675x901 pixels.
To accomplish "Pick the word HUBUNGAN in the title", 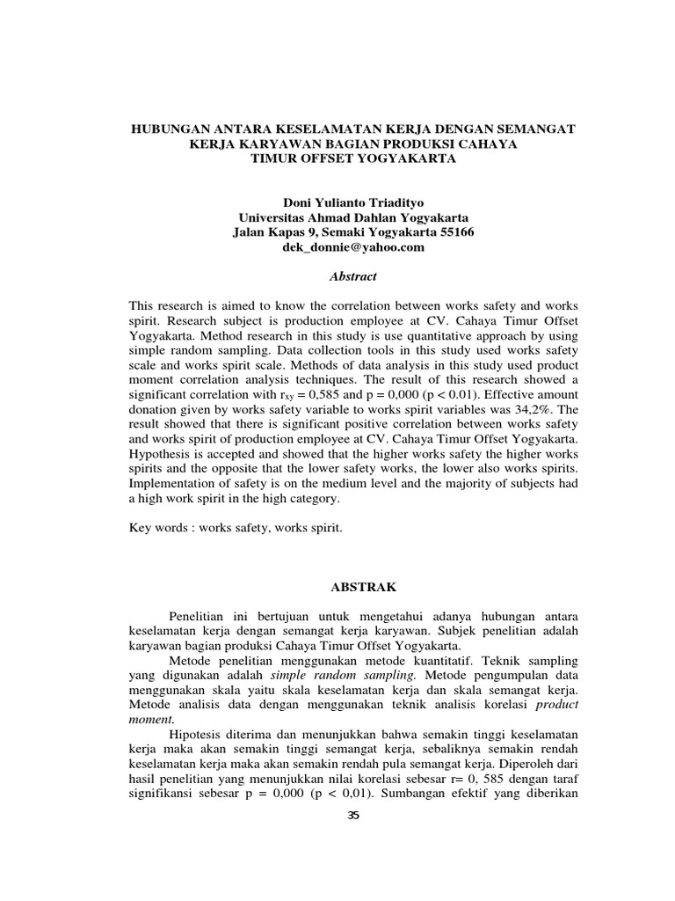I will click(x=165, y=128).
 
